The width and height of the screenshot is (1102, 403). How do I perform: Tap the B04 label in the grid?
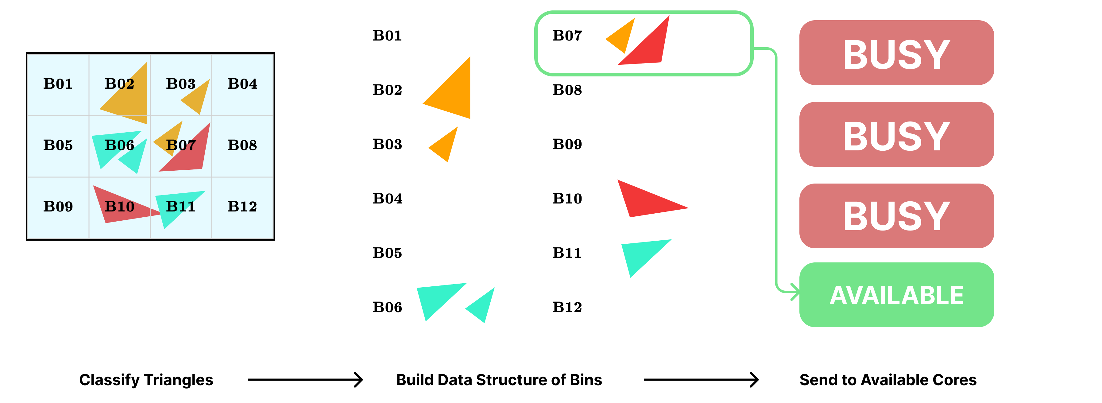coord(242,84)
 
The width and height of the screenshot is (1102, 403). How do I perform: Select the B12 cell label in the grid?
coord(242,207)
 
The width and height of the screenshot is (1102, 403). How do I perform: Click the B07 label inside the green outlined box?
coord(567,36)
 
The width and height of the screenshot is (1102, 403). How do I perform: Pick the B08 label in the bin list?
coord(567,90)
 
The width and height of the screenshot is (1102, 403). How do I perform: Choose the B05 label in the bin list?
coord(387,253)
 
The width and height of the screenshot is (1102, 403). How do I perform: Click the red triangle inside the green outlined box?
coord(648,47)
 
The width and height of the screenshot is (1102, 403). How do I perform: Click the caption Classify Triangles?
coord(146,380)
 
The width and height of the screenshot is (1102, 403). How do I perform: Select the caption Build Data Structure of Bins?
coord(499,380)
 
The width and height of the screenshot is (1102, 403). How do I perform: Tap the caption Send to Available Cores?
coord(888,380)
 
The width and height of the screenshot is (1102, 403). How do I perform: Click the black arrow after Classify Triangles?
coord(305,379)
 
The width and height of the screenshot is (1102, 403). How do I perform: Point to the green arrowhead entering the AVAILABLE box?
coord(795,292)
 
